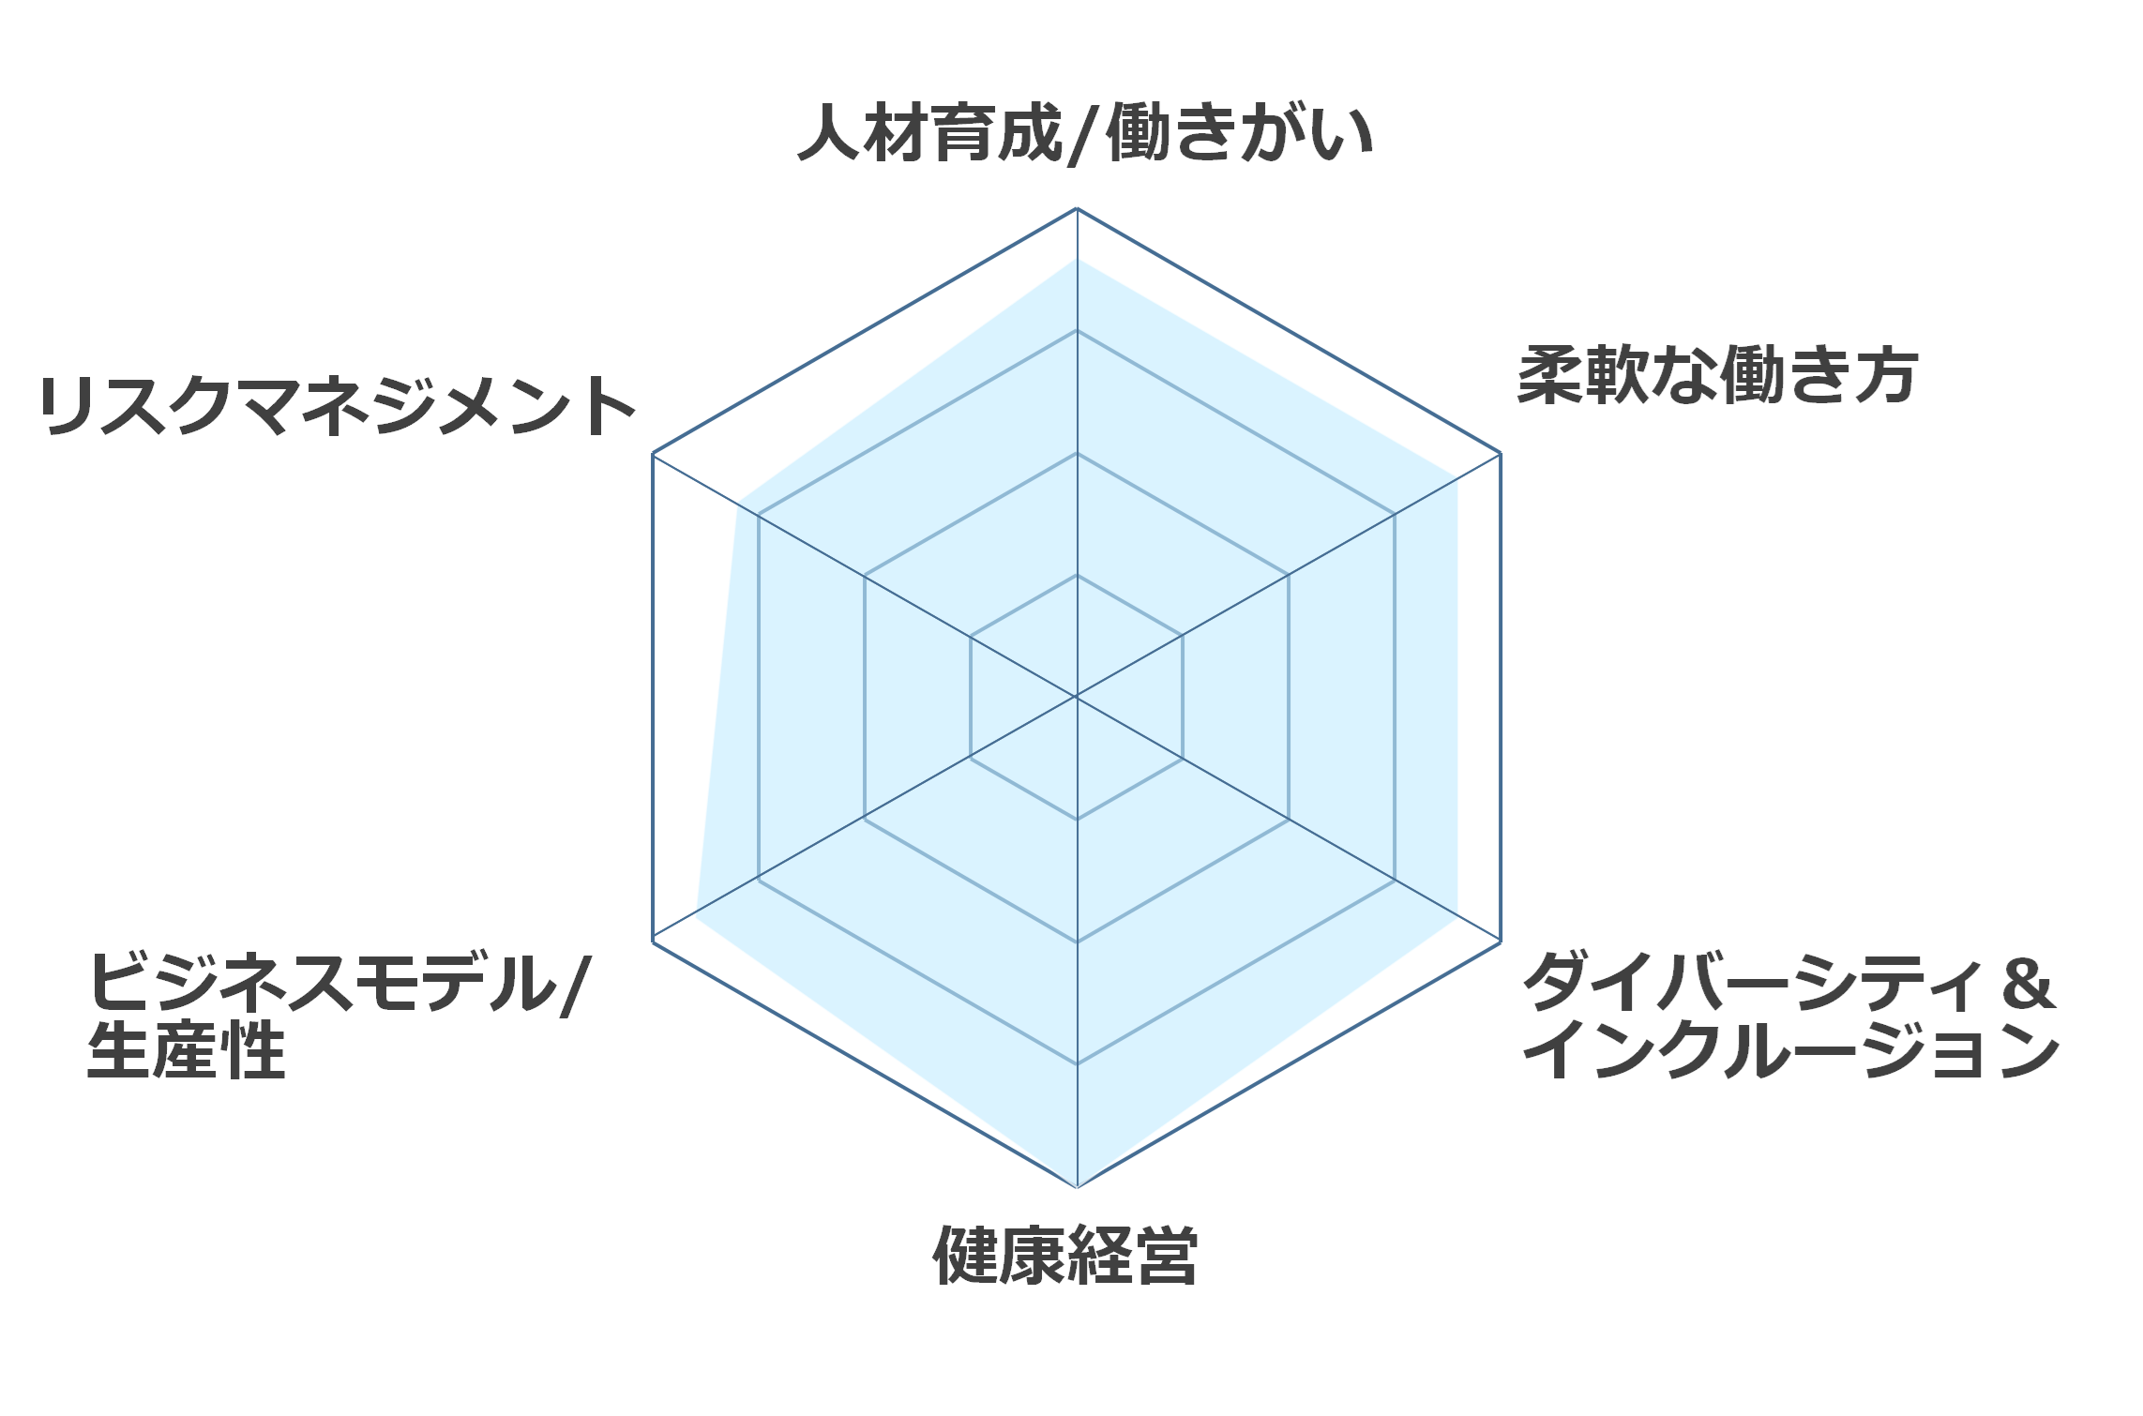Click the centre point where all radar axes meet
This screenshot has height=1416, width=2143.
coord(1077,697)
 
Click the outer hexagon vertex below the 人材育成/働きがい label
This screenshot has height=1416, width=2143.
coord(1077,208)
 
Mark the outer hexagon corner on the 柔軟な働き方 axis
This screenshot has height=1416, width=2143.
coord(1501,454)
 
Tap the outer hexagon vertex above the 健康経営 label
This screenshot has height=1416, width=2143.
coord(1077,1186)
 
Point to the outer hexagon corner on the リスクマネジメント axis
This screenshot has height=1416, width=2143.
coord(653,454)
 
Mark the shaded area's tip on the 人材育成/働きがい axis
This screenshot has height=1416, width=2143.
coord(1077,260)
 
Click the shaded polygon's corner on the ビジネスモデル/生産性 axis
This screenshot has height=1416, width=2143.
coord(697,910)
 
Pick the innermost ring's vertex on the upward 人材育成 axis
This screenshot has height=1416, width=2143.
coord(1077,575)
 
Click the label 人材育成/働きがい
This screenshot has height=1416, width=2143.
coord(1085,133)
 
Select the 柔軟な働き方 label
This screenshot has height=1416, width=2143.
coord(1717,375)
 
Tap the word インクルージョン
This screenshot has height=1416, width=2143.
coord(1790,1049)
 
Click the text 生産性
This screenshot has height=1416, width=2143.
coord(186,1049)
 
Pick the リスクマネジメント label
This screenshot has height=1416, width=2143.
coord(338,405)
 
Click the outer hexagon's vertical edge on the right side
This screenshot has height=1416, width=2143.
coord(1501,697)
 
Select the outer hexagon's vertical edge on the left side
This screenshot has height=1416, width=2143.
coord(653,697)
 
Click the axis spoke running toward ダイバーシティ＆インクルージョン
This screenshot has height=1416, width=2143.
coord(1289,819)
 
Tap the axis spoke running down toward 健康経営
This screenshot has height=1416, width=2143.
coord(1077,941)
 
